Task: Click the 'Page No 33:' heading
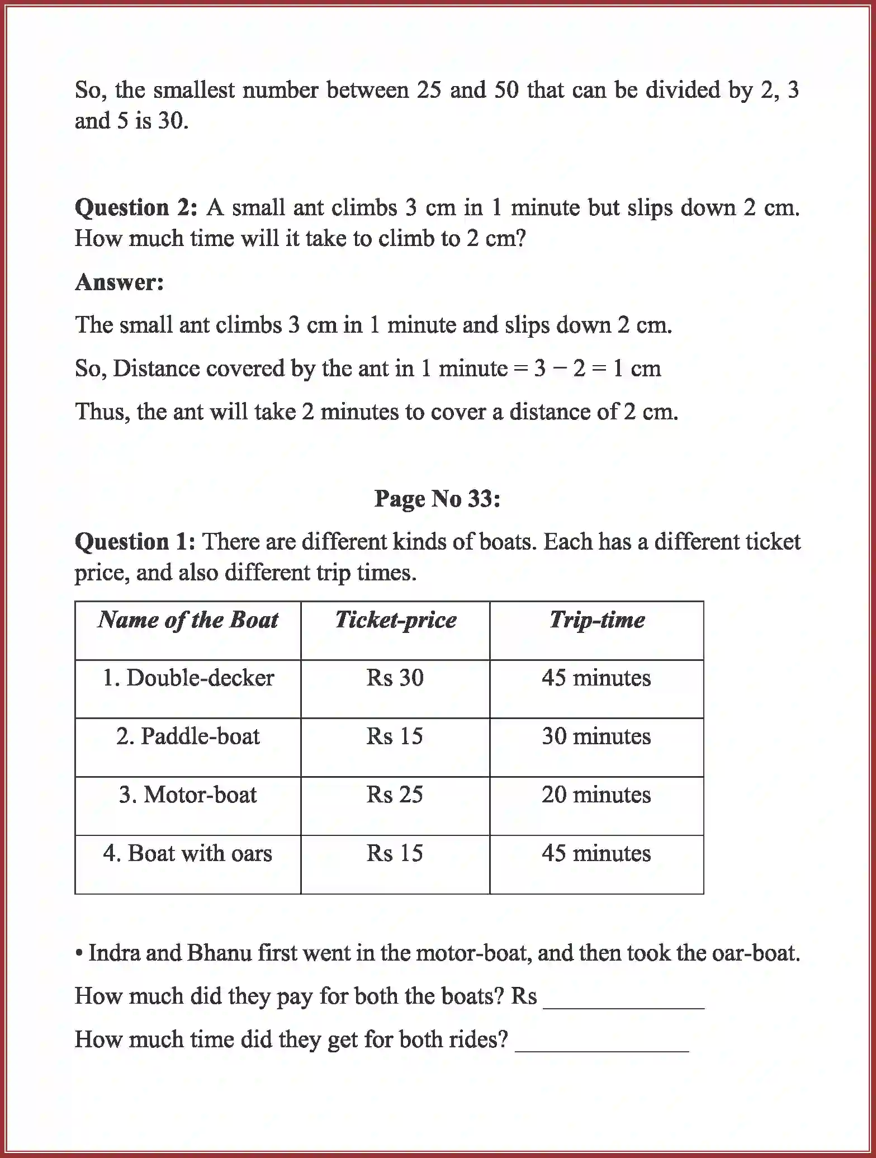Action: pyautogui.click(x=437, y=499)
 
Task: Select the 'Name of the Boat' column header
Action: pyautogui.click(x=188, y=620)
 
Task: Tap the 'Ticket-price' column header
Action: pyautogui.click(x=395, y=620)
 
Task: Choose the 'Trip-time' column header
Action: pyautogui.click(x=596, y=620)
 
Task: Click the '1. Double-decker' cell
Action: pyautogui.click(x=188, y=678)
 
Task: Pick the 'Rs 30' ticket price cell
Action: pyautogui.click(x=395, y=678)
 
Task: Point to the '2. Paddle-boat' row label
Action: pyautogui.click(x=188, y=736)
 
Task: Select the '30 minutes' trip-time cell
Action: pyautogui.click(x=596, y=736)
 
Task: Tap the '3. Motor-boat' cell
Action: pyautogui.click(x=188, y=795)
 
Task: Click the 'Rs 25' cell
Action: pyautogui.click(x=395, y=795)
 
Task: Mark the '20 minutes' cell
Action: pyautogui.click(x=596, y=795)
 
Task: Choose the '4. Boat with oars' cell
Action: pyautogui.click(x=188, y=854)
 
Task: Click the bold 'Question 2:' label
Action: pyautogui.click(x=136, y=208)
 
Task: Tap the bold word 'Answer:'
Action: pyautogui.click(x=119, y=282)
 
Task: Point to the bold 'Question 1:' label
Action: pyautogui.click(x=135, y=542)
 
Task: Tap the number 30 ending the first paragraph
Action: pyautogui.click(x=171, y=121)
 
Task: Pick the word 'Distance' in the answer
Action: pyautogui.click(x=156, y=368)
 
